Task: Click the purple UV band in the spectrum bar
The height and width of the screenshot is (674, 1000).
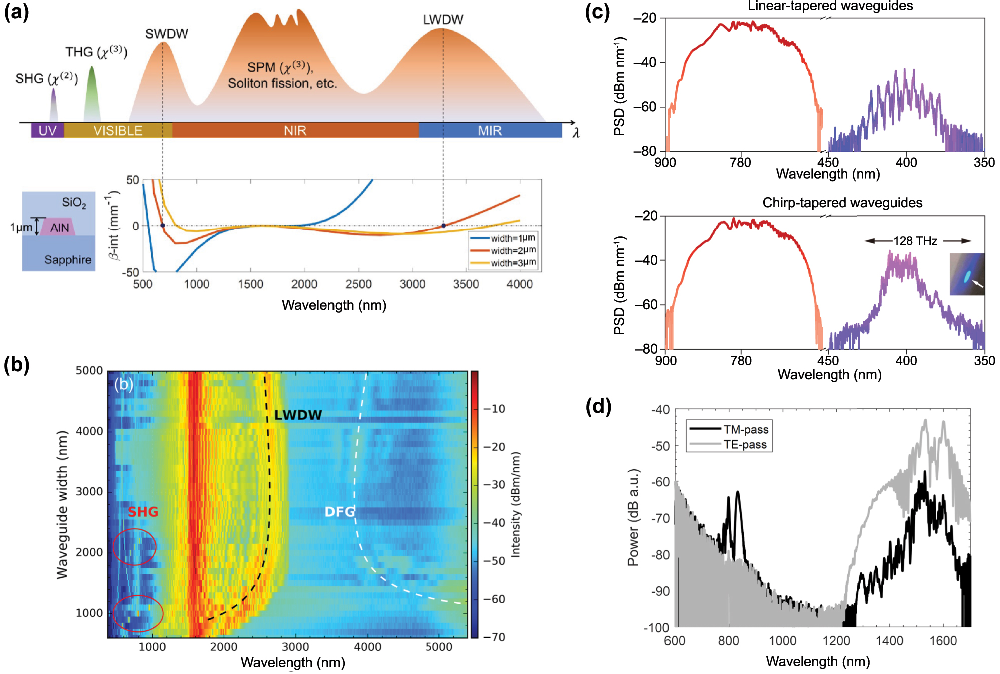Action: coord(47,131)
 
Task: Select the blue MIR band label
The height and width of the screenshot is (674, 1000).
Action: coord(489,131)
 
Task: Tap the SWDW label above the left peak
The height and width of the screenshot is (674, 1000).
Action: coord(166,34)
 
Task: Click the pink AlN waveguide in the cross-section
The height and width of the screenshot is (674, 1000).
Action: coord(59,227)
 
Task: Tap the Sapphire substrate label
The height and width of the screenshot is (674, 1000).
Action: coord(68,260)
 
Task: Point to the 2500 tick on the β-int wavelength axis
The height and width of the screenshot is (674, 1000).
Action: coord(358,284)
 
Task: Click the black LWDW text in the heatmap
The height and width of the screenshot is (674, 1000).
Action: coord(298,415)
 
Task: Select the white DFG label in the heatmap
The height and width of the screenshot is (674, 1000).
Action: coord(340,512)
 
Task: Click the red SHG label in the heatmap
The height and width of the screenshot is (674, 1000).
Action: coord(143,512)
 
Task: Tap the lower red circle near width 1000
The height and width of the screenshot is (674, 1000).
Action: coord(138,614)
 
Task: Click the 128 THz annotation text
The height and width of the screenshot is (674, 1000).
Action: coord(915,241)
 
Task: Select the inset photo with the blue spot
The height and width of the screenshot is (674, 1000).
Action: coord(967,274)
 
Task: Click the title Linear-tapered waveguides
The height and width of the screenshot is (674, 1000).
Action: coord(830,6)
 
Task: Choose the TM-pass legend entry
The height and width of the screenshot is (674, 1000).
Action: coord(745,429)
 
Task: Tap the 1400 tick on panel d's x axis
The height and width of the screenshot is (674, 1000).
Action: coord(889,641)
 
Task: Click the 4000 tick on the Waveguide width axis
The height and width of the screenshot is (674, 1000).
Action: coord(89,431)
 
